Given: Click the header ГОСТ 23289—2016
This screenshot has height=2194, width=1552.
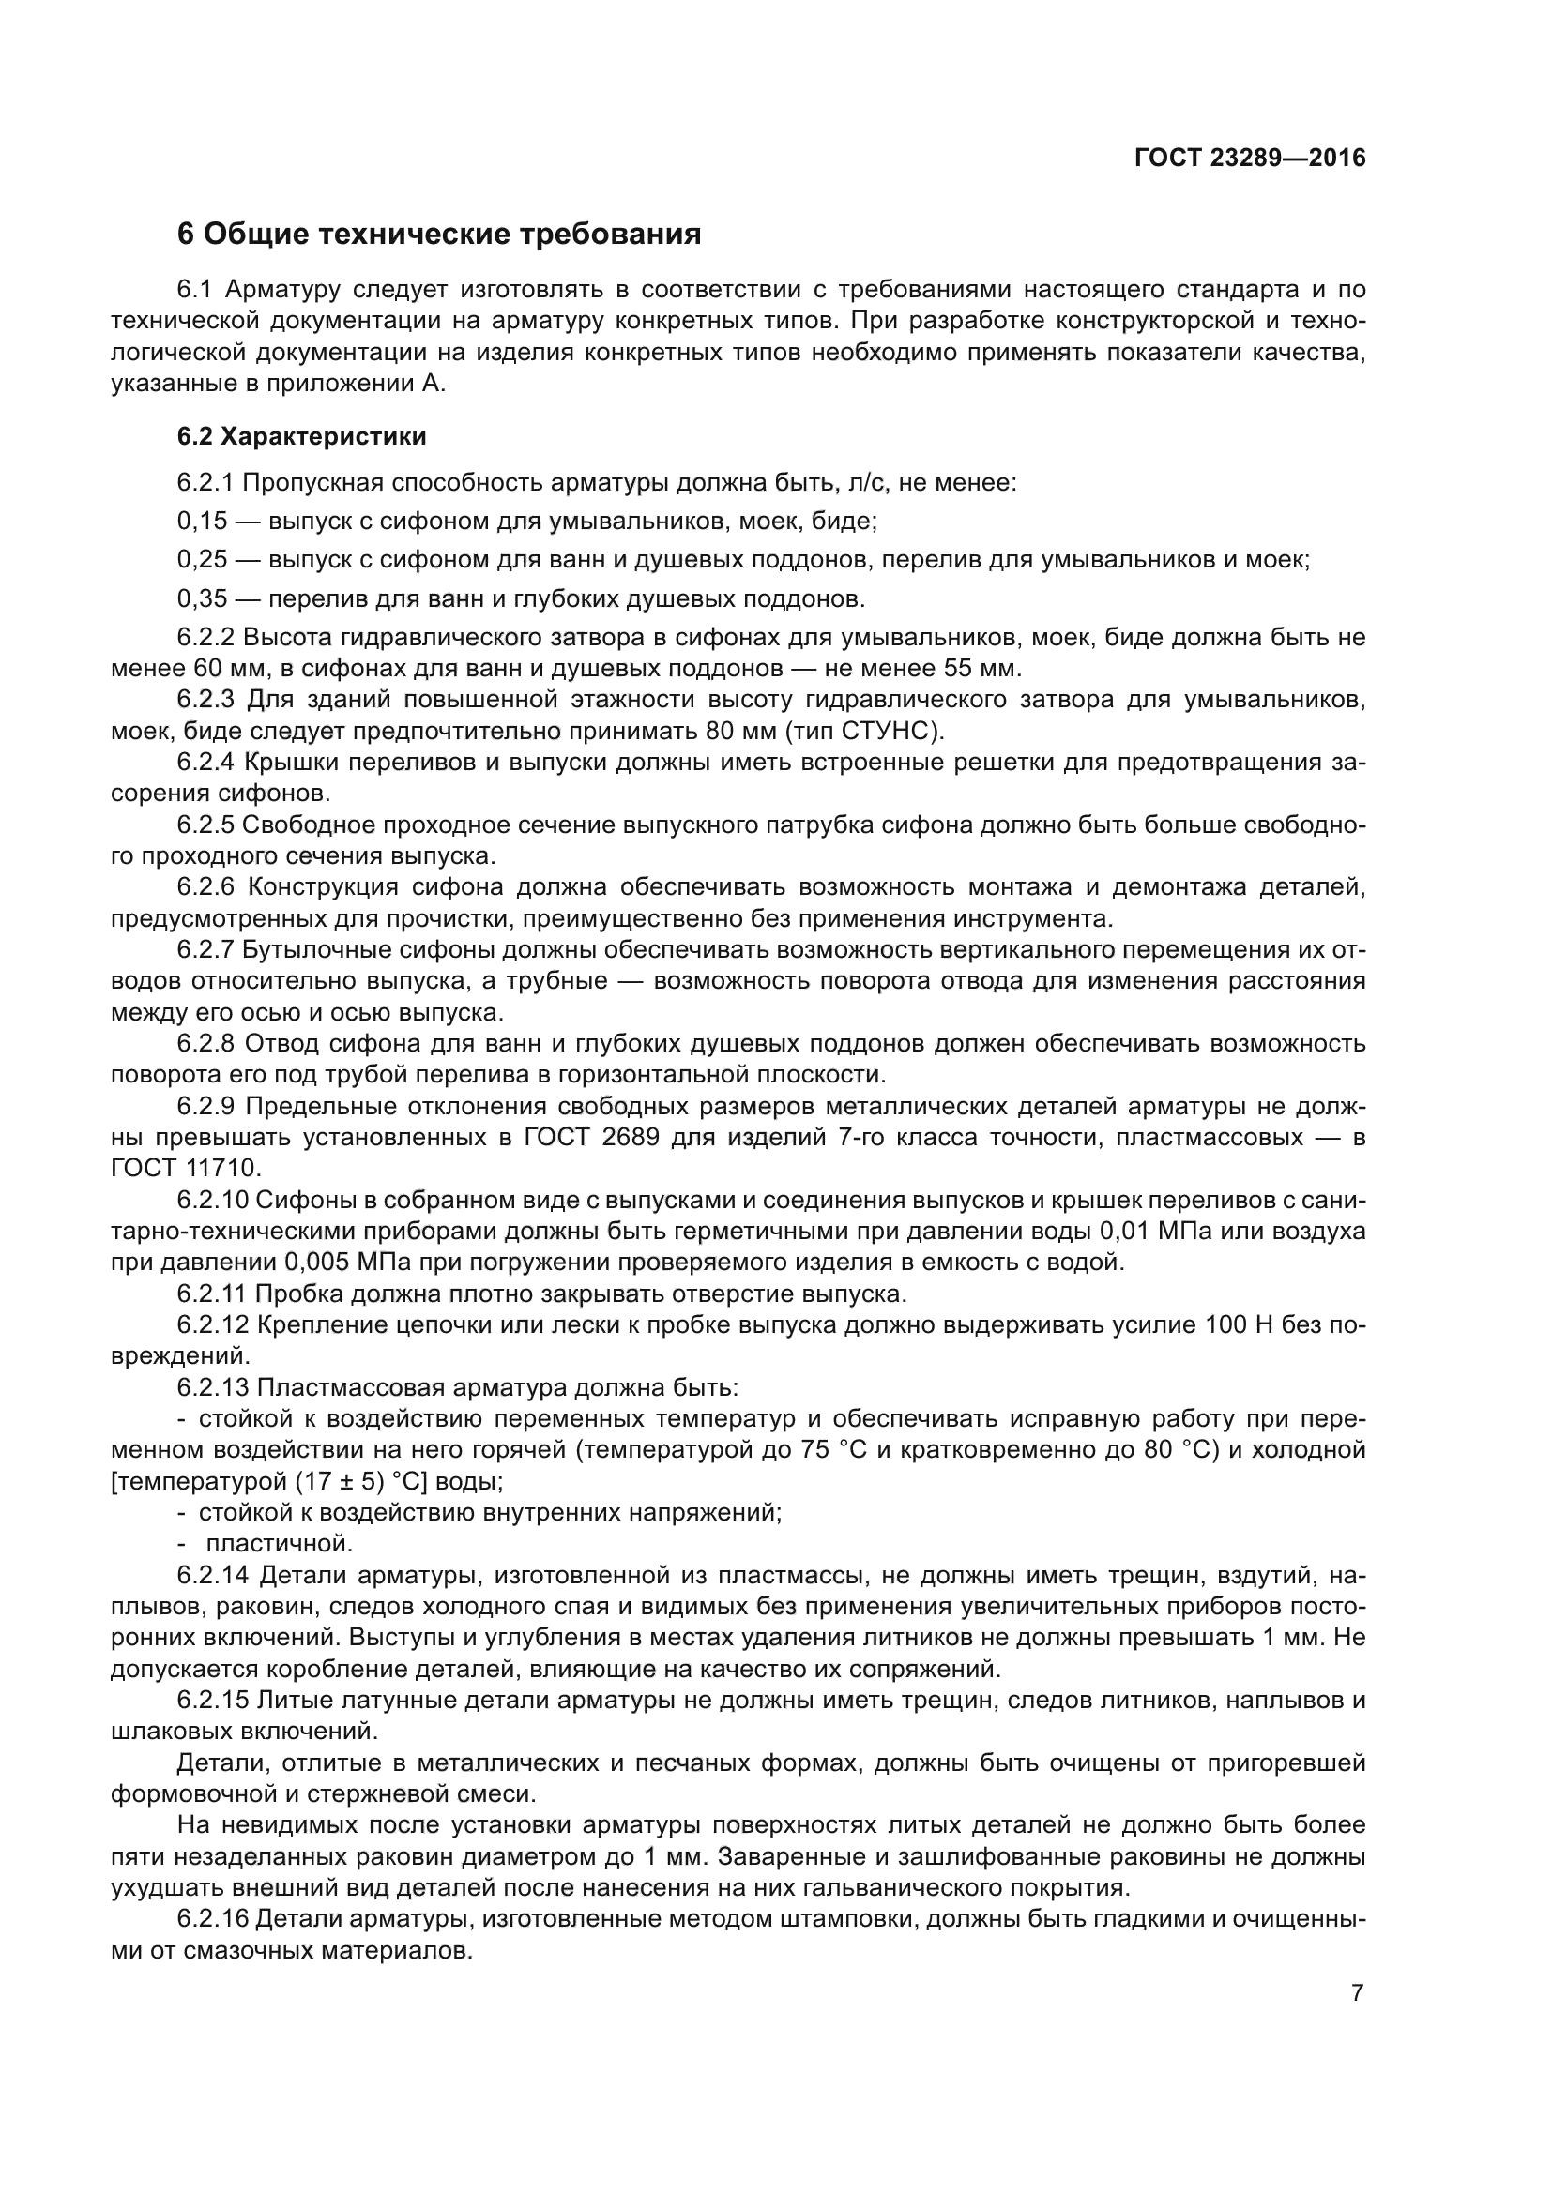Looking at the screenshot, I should (1249, 159).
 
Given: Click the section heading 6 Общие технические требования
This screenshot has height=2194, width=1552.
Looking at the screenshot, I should (438, 235).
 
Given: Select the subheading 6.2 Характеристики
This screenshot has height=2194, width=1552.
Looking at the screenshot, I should (301, 437).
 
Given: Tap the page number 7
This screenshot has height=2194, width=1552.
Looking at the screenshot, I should (1357, 1993).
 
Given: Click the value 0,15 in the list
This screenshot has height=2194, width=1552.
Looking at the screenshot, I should (203, 522).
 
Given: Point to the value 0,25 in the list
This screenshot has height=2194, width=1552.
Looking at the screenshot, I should (203, 560).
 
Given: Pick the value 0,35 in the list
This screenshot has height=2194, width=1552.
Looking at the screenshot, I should (203, 599).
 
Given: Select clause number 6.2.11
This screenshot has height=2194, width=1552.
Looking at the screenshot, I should (212, 1294).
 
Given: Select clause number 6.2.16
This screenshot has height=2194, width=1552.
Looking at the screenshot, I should (212, 1920).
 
